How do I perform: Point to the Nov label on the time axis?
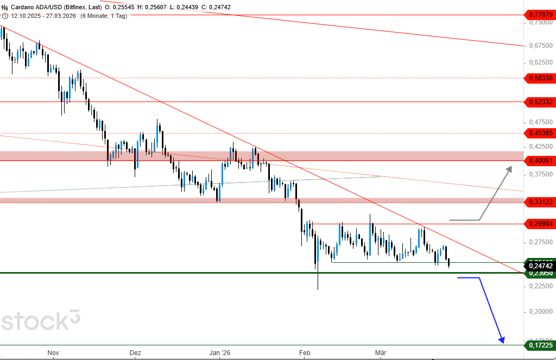click(53, 353)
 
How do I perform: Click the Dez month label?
click(135, 353)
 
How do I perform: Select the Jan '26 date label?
click(220, 353)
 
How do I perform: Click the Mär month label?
click(381, 353)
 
